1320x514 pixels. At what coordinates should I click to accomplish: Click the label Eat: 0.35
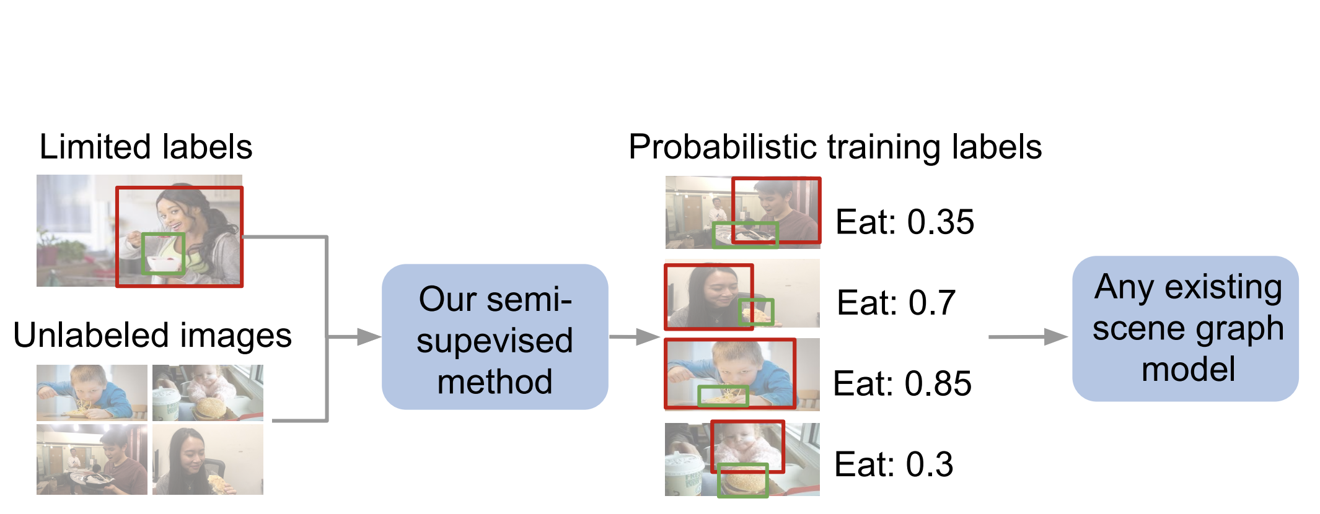904,222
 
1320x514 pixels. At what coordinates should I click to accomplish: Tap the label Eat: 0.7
895,303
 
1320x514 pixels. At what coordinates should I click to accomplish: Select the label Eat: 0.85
902,383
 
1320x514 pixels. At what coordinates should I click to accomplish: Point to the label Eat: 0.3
893,464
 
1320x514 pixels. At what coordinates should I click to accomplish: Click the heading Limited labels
146,147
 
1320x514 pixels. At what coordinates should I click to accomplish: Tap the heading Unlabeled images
152,336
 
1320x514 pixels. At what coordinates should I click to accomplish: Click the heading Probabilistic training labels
835,147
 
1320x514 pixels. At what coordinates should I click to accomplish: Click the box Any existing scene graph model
1185,329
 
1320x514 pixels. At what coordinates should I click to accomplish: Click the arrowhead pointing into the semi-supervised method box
369,337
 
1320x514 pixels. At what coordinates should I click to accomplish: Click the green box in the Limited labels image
163,253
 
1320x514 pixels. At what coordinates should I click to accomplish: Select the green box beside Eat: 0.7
757,311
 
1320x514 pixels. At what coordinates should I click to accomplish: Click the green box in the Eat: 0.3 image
742,480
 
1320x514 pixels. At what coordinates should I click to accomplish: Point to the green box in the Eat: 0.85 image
723,396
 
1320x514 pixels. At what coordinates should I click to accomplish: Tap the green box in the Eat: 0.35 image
744,235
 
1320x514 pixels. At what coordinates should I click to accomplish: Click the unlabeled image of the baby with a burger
208,393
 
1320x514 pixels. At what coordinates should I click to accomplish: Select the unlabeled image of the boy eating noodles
92,393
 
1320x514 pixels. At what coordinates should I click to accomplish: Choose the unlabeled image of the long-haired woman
208,460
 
